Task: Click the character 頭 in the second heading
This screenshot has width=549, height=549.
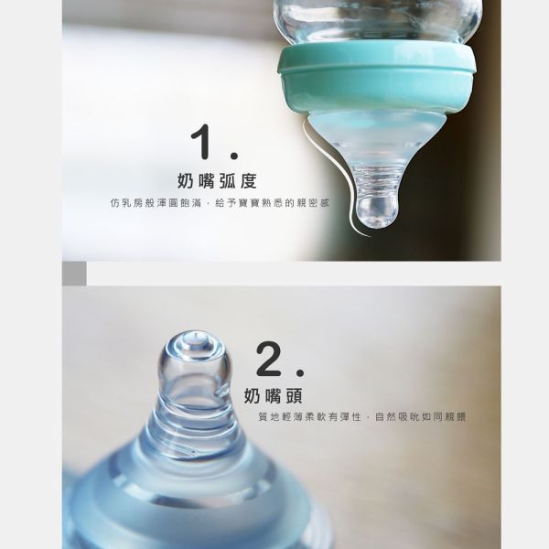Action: pos(296,396)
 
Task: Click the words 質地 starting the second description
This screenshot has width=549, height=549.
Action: pos(267,417)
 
